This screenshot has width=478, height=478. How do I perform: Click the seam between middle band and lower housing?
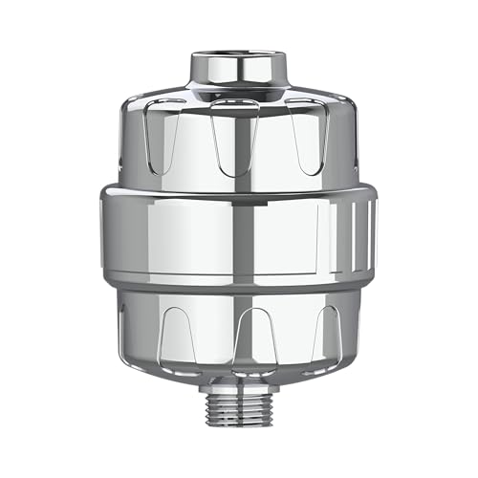tap(237, 290)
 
